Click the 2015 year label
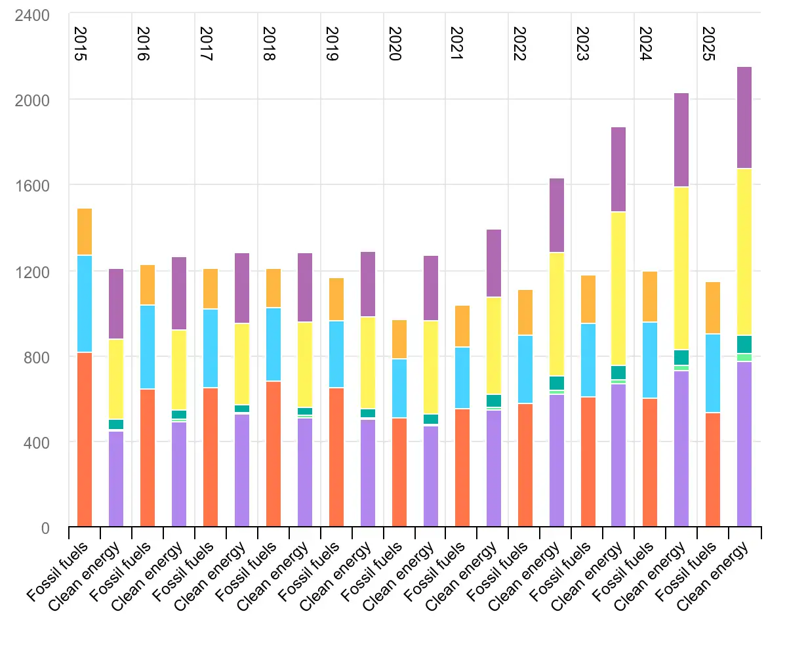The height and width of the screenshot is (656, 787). pyautogui.click(x=80, y=44)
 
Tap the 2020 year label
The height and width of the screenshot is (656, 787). pyautogui.click(x=394, y=44)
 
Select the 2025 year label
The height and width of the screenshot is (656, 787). pyautogui.click(x=708, y=44)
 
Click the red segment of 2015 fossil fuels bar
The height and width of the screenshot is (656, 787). pyautogui.click(x=85, y=440)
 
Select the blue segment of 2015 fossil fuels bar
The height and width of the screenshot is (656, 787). pyautogui.click(x=85, y=304)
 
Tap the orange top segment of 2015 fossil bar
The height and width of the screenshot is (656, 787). pyautogui.click(x=85, y=232)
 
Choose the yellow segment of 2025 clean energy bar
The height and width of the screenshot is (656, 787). pyautogui.click(x=744, y=252)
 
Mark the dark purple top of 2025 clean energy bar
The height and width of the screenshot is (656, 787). pyautogui.click(x=744, y=118)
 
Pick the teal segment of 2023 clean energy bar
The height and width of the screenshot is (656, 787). pyautogui.click(x=618, y=373)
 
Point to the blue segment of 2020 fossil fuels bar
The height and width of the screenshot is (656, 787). pyautogui.click(x=399, y=388)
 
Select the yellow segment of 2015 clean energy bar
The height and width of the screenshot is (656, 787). pyautogui.click(x=116, y=379)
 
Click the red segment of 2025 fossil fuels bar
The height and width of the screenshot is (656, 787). pyautogui.click(x=713, y=470)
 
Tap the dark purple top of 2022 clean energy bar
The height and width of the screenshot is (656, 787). pyautogui.click(x=556, y=215)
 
